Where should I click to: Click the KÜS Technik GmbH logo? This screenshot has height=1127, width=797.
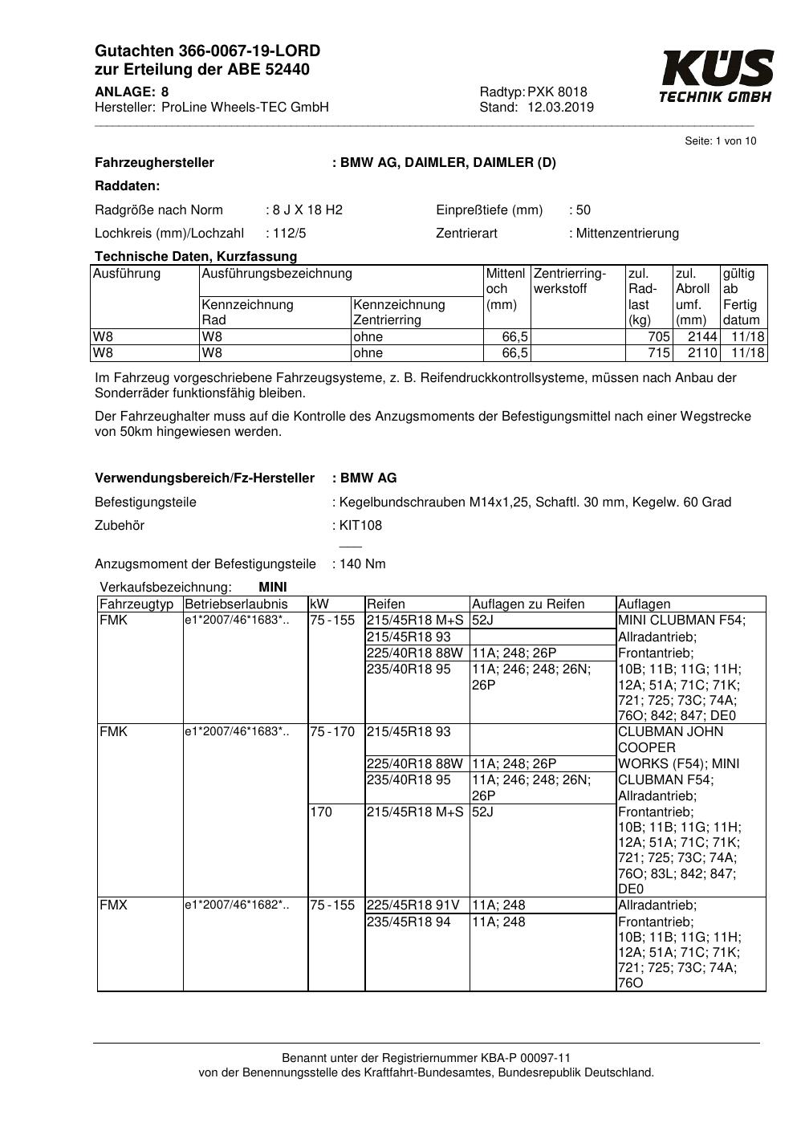[x=716, y=76]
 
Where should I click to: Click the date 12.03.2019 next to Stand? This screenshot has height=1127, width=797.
[x=560, y=108]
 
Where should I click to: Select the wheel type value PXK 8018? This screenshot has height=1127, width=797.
[x=557, y=92]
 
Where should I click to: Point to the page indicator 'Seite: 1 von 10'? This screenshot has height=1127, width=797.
[x=720, y=141]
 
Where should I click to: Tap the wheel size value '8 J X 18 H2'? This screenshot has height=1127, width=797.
[x=307, y=210]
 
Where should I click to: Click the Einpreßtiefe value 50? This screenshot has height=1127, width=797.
[x=583, y=210]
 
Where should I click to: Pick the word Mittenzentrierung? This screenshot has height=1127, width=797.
[x=627, y=234]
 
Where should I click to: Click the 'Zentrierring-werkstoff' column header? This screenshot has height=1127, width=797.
[x=570, y=281]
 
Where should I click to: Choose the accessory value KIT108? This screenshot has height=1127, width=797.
[x=360, y=526]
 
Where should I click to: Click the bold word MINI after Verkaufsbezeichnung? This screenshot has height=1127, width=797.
[x=273, y=588]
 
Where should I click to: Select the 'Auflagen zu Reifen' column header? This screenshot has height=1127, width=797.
[x=528, y=604]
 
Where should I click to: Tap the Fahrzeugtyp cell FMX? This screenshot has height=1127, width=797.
[x=114, y=905]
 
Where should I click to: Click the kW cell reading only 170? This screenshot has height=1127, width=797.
[x=321, y=812]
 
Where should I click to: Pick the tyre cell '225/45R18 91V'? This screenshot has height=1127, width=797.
[x=413, y=905]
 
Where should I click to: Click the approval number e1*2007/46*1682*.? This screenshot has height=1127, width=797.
[x=236, y=905]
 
